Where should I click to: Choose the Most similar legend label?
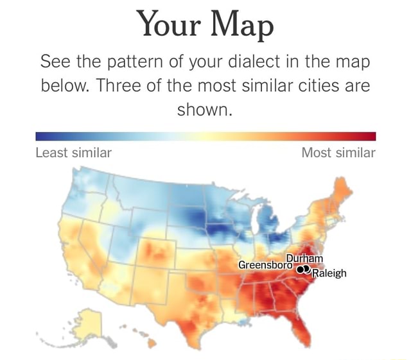tap(339, 153)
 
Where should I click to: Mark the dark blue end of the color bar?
tap(40, 136)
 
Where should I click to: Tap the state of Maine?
tap(343, 186)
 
